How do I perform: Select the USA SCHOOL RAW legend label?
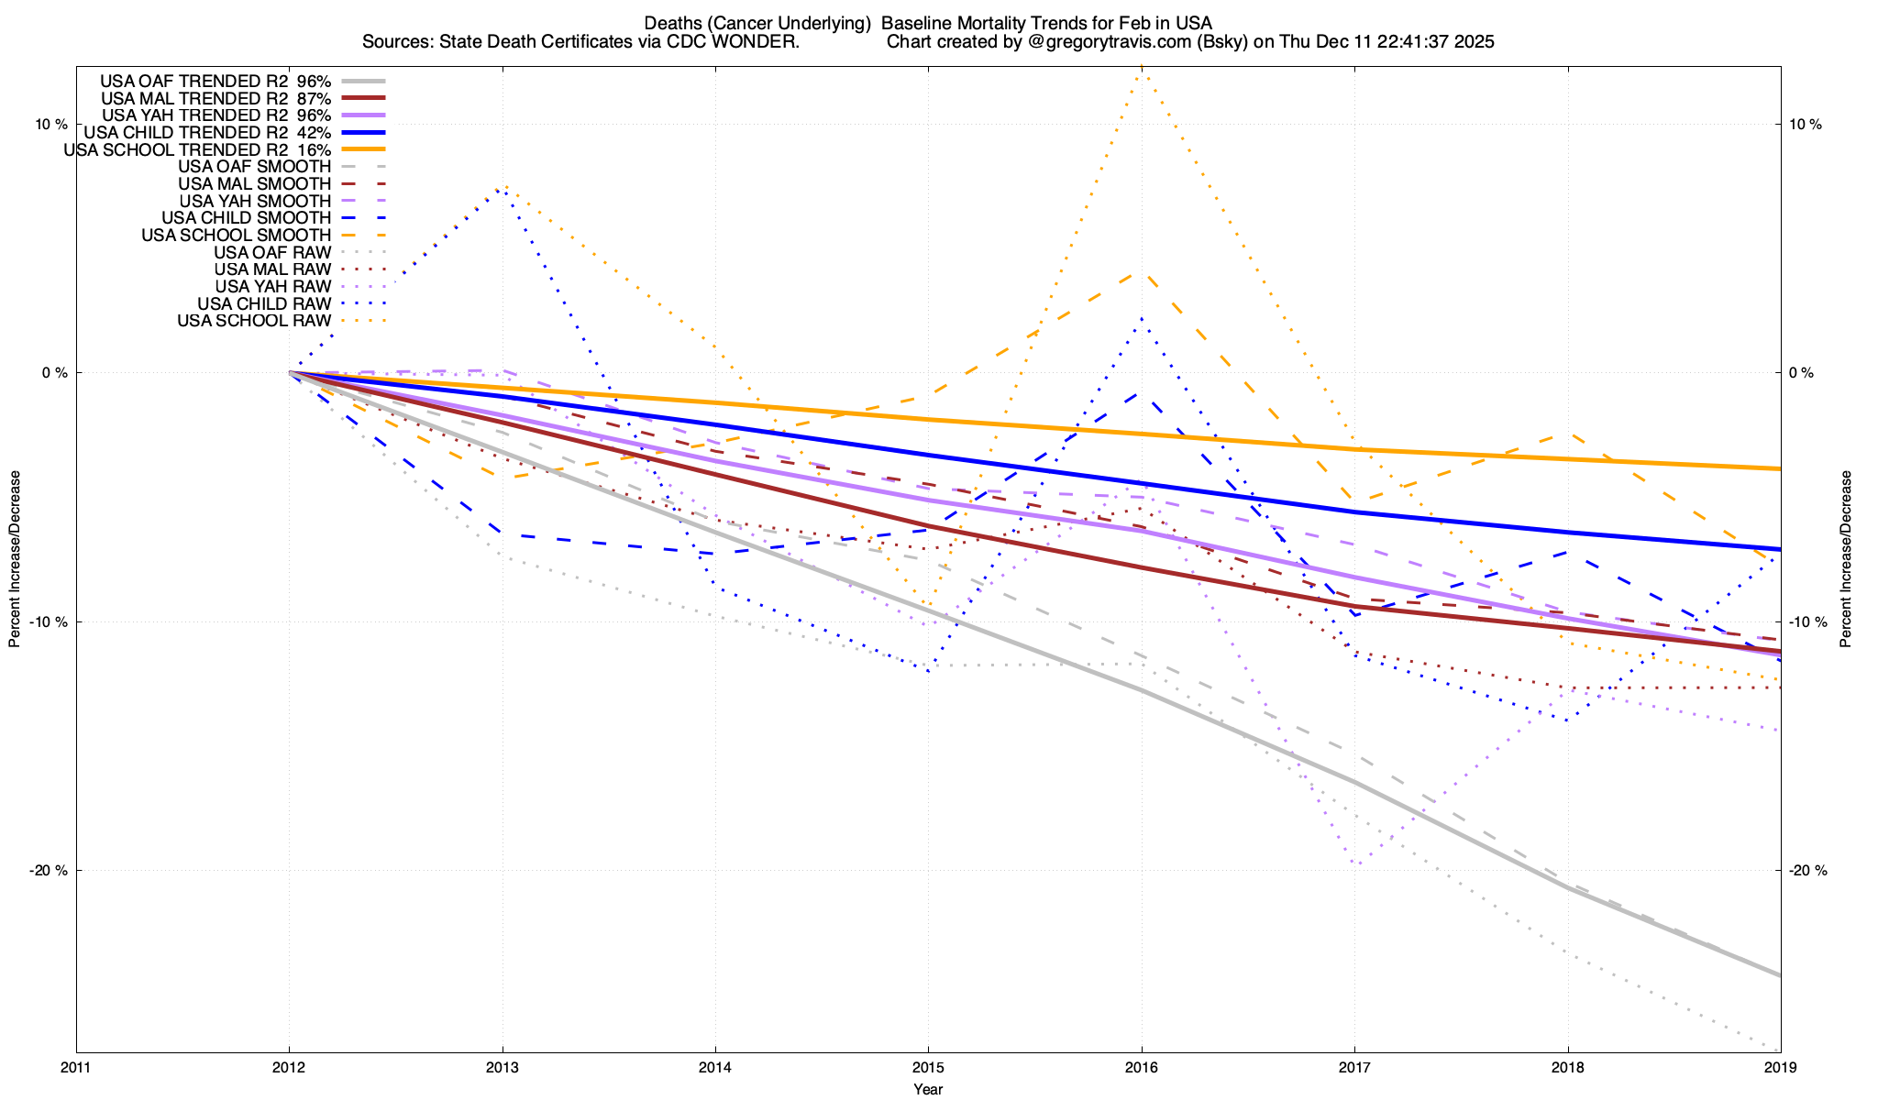254,321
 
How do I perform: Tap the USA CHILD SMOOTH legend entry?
246,218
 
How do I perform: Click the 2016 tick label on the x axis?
1141,1068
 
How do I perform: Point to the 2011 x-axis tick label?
76,1068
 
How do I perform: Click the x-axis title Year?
928,1090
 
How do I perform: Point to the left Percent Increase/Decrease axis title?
15,559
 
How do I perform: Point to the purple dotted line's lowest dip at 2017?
1358,863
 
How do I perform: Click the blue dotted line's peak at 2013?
501,190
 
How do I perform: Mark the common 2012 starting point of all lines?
290,373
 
